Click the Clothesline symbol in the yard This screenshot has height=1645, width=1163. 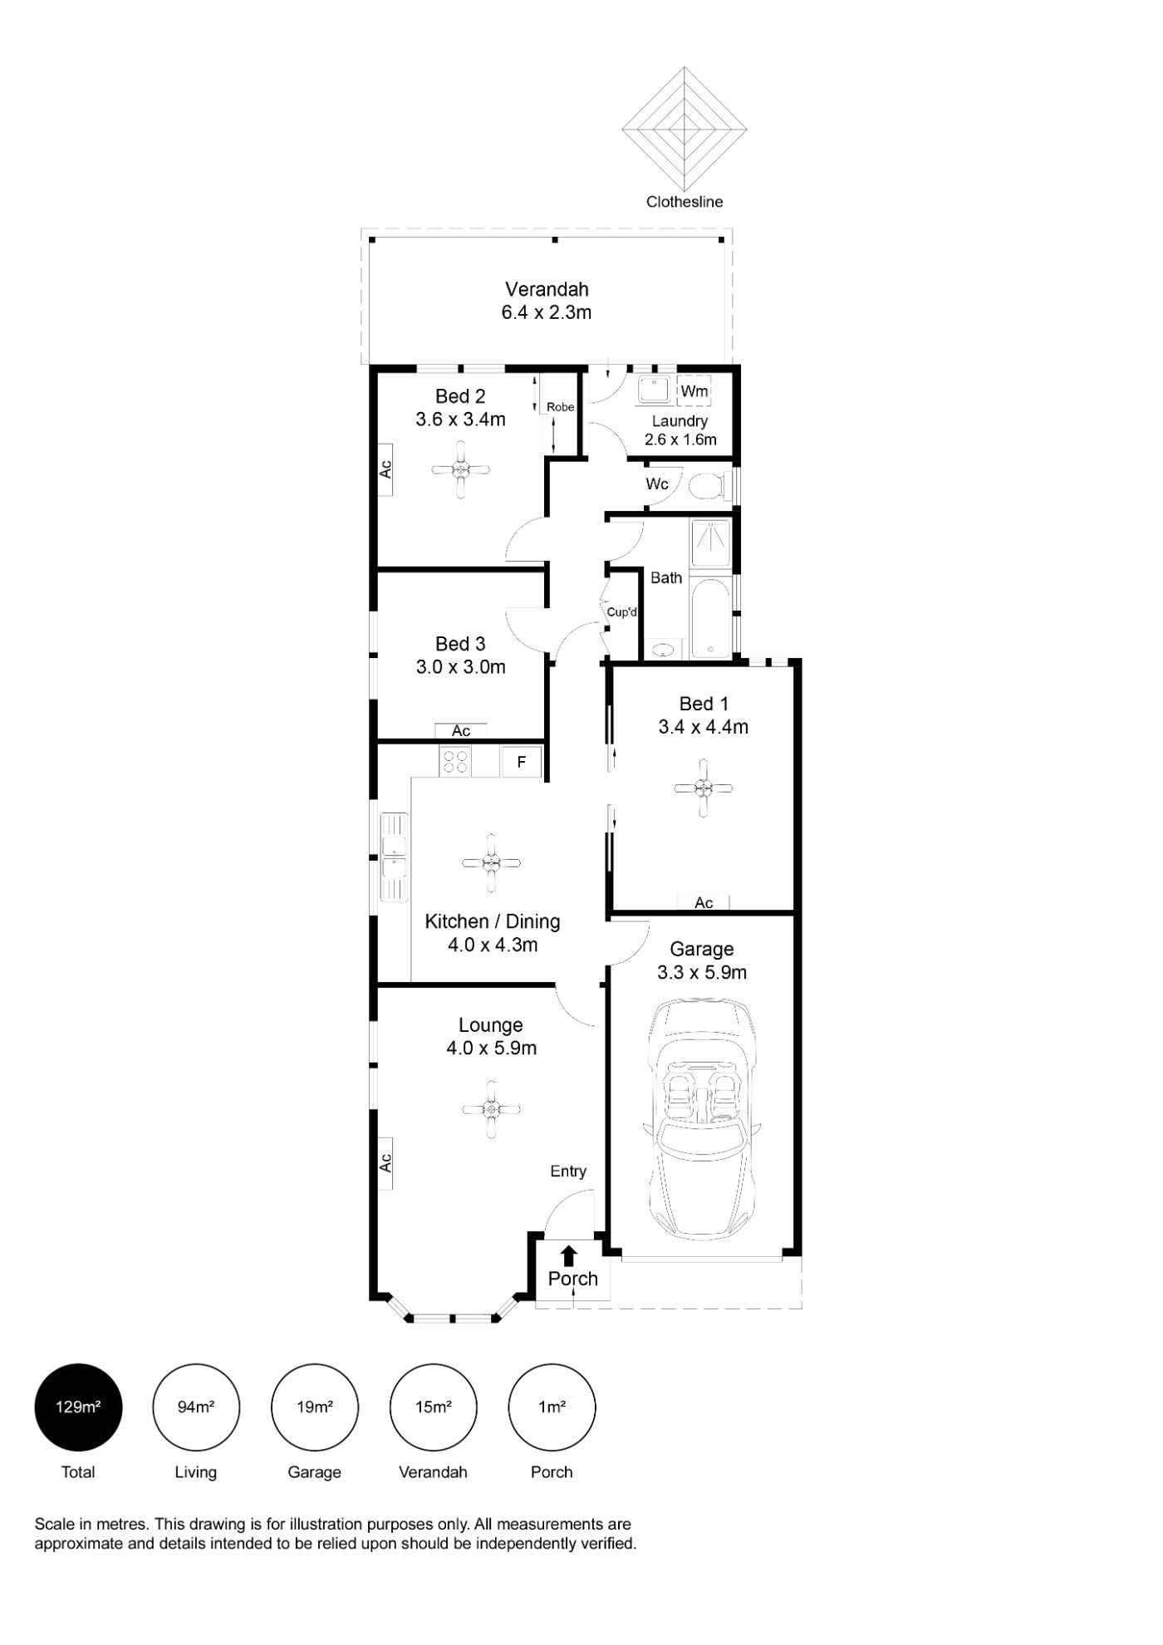[685, 129]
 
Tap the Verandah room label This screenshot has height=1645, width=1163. [547, 289]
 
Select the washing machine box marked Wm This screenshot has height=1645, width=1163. [694, 390]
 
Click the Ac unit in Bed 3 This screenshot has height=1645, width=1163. [461, 731]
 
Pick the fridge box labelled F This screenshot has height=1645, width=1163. [521, 761]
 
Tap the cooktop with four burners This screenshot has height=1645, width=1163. [455, 761]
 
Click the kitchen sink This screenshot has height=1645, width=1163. [395, 856]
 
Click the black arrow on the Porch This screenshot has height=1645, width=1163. [569, 1255]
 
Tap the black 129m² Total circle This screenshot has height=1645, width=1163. [78, 1407]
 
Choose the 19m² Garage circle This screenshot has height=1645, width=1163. [315, 1407]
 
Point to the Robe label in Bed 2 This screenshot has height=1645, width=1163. [560, 407]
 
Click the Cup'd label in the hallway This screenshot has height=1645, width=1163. [621, 612]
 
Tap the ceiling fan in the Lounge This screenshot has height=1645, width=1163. [491, 1109]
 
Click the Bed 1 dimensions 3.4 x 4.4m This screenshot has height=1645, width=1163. [703, 727]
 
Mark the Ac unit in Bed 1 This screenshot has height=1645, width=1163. [704, 902]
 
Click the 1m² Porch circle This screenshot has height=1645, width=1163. [552, 1407]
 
